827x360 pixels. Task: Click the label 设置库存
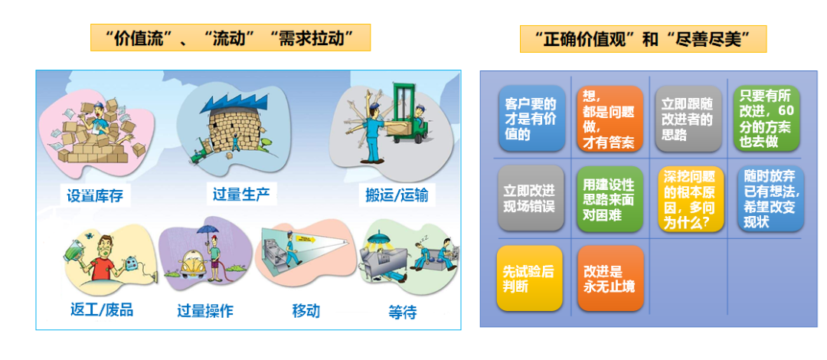(x=94, y=195)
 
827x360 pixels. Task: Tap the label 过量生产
(x=241, y=192)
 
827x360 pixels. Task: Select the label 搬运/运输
(x=397, y=195)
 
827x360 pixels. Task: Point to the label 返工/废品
(x=101, y=309)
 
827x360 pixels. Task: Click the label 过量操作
(x=205, y=310)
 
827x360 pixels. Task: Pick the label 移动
(x=306, y=310)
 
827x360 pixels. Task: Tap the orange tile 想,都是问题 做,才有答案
(x=610, y=118)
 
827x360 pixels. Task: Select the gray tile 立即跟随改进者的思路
(x=688, y=118)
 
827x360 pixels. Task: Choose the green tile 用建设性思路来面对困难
(x=610, y=198)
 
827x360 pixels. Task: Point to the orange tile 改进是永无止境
(x=610, y=278)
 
